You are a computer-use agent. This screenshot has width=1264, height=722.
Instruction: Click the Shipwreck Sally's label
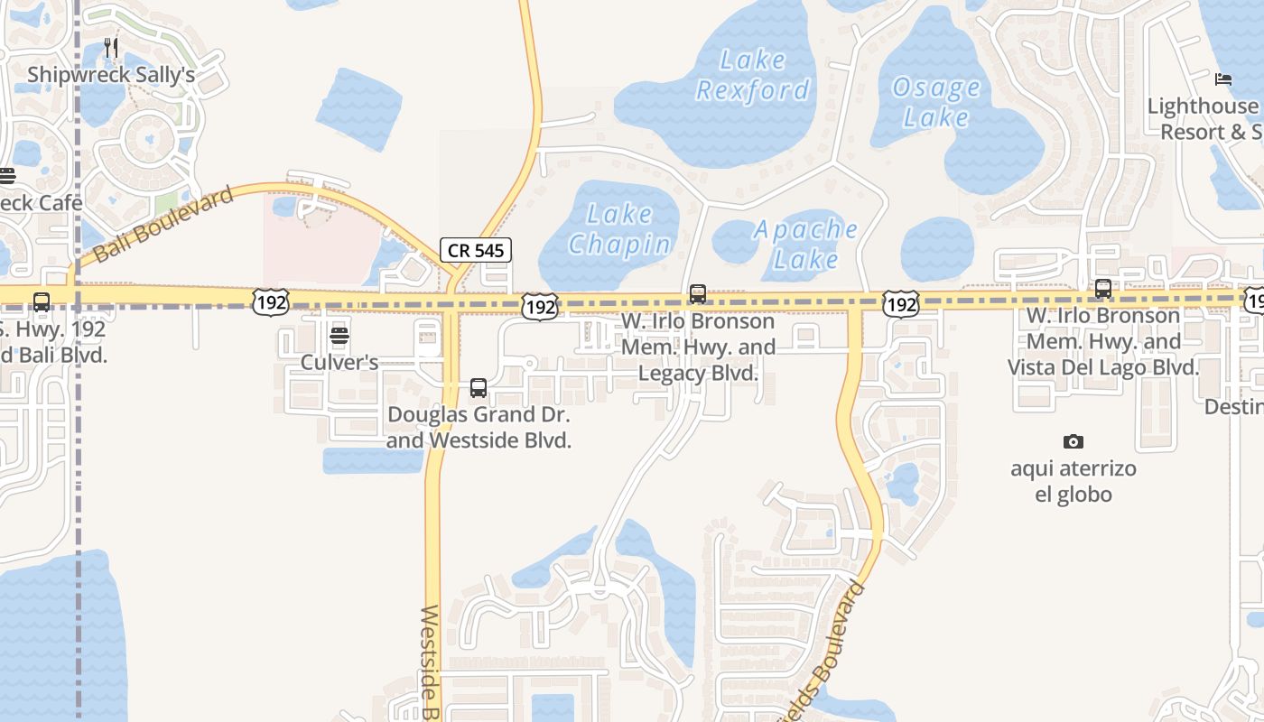(111, 74)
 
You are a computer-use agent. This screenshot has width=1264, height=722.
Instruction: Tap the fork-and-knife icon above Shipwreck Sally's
(111, 47)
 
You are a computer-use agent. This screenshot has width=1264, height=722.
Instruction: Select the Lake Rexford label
(753, 75)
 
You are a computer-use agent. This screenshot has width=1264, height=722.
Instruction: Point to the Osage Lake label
(936, 102)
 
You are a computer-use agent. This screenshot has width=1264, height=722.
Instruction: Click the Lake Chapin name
(619, 229)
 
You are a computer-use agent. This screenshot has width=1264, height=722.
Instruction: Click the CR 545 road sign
(476, 250)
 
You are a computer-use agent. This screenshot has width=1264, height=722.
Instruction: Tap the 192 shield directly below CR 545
(540, 307)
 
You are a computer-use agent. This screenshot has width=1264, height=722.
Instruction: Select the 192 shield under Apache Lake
(901, 304)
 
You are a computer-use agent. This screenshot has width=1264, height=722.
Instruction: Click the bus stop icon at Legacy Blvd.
(697, 294)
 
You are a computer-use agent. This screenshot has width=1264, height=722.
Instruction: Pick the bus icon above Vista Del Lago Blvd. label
(1102, 289)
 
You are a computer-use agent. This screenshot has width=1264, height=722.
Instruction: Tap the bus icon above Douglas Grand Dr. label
(479, 388)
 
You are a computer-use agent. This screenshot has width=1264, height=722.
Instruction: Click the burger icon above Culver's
(339, 336)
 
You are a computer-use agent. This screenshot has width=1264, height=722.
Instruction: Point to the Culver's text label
(339, 363)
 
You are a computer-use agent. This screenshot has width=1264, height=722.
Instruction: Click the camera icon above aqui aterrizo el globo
(1073, 441)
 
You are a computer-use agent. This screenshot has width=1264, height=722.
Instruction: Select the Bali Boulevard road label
(163, 223)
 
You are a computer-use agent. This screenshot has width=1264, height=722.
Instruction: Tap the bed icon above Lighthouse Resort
(1223, 79)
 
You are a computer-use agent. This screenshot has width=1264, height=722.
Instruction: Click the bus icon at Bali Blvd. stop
(42, 302)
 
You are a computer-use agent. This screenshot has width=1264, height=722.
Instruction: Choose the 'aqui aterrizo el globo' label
(1073, 481)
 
